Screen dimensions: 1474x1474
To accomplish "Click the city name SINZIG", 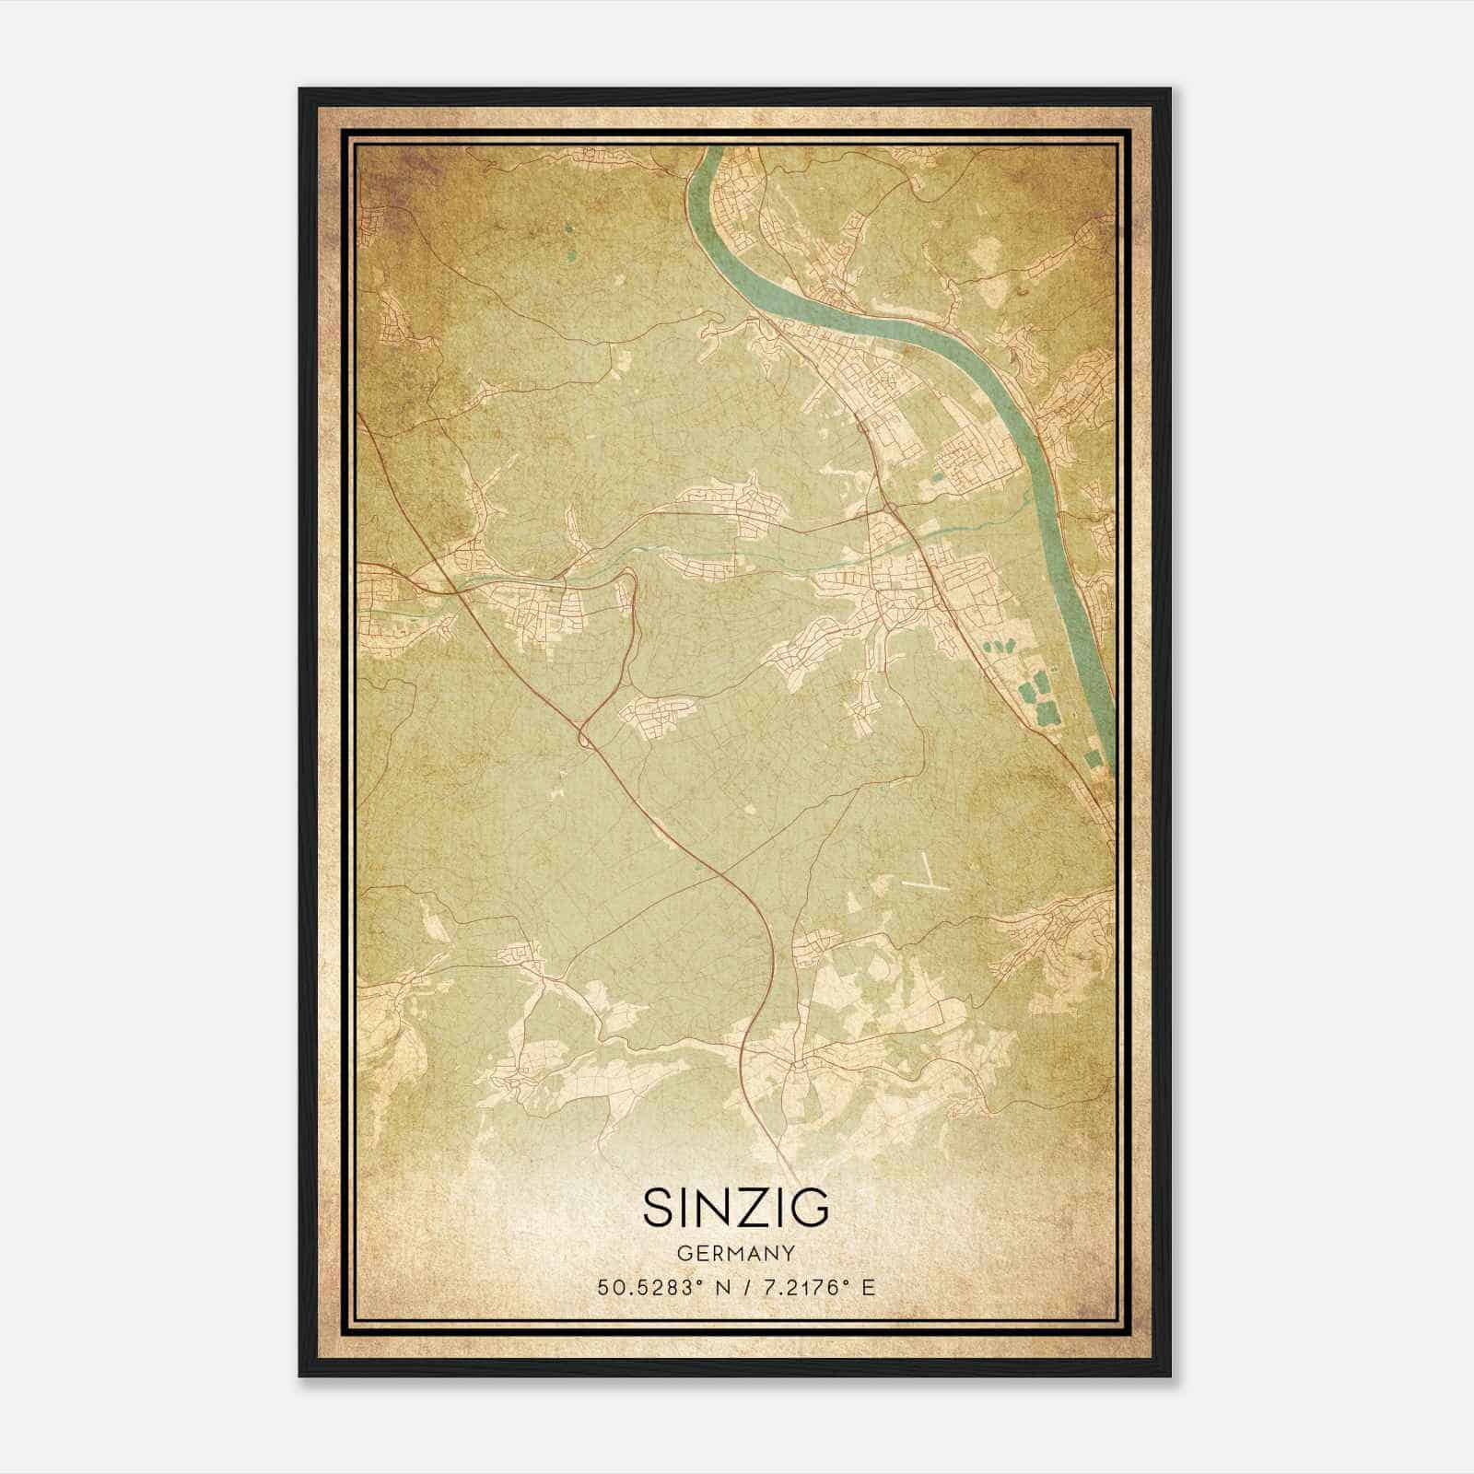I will coord(736,1207).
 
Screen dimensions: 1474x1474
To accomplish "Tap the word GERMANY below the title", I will coord(736,1253).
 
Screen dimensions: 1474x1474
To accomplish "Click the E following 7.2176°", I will coord(867,1288).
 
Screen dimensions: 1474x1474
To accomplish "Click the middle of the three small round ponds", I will coord(1001,640).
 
